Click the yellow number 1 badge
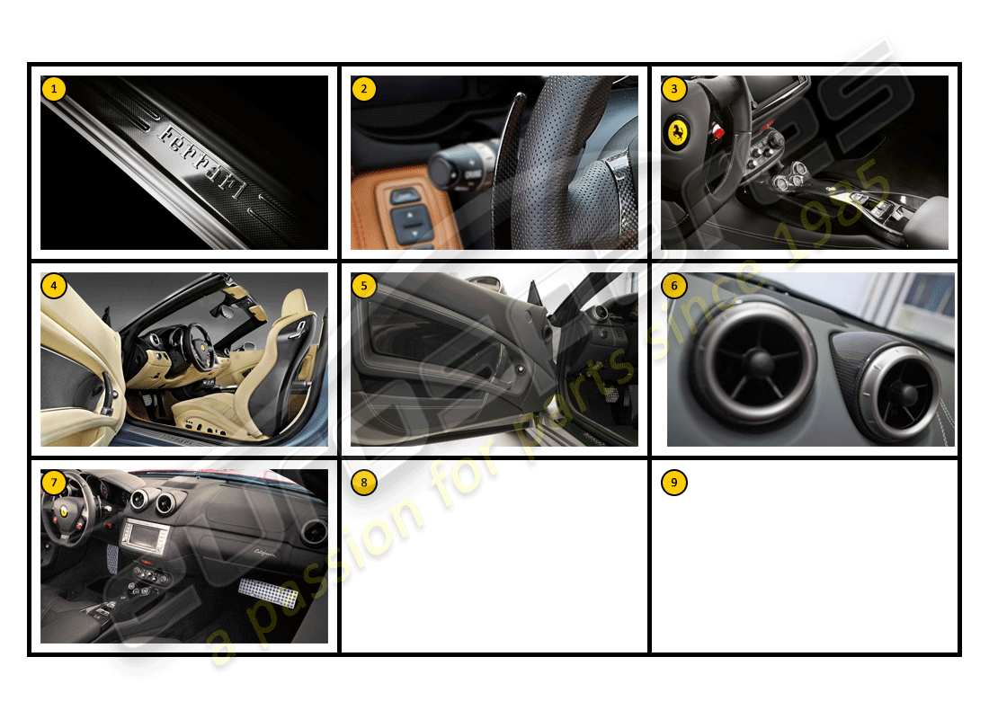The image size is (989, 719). point(54,89)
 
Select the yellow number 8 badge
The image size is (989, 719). point(363,483)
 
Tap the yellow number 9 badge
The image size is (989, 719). point(673,483)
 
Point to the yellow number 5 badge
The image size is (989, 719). point(363,286)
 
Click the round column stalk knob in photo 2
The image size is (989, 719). point(450,167)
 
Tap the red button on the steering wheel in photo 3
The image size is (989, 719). point(717,133)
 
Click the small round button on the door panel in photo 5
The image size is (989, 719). point(521,369)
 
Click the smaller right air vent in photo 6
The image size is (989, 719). point(899,391)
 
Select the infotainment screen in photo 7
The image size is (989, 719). point(145,537)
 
